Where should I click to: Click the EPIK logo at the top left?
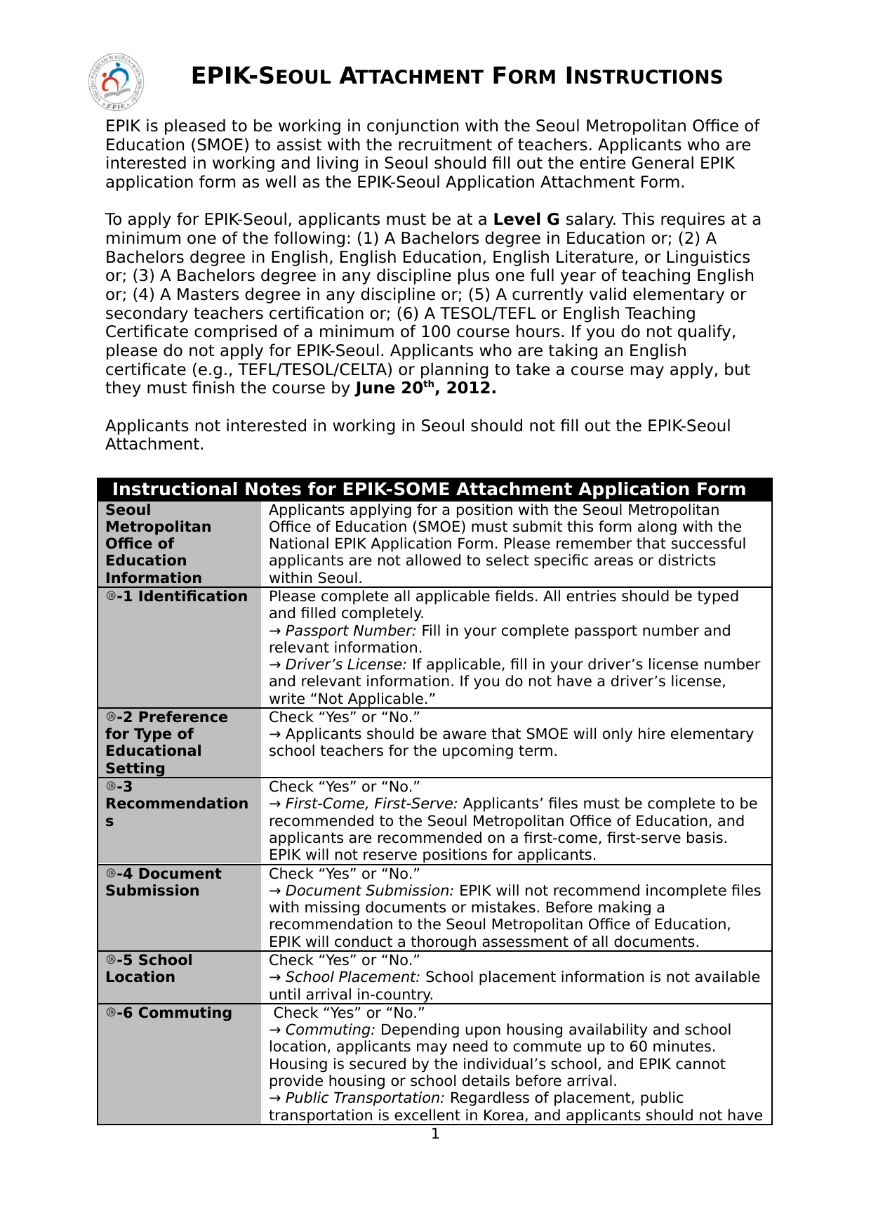point(117,82)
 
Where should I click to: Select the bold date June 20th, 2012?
point(425,388)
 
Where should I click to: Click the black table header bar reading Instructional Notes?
point(434,490)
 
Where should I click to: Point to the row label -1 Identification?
point(177,596)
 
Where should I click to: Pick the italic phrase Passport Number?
point(351,631)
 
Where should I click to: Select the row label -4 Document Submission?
point(164,882)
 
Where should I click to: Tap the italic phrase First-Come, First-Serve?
point(371,804)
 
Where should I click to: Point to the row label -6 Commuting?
point(169,1013)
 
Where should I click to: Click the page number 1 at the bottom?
point(435,1134)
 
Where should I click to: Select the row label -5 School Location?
point(149,969)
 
